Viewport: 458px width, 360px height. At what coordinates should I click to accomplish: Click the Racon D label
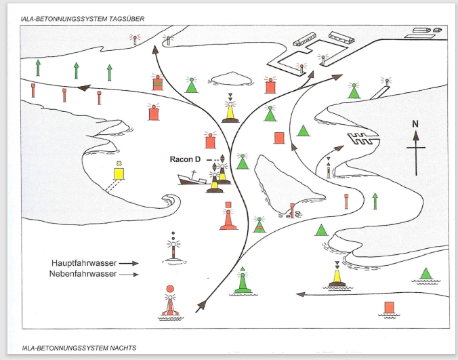tap(185, 159)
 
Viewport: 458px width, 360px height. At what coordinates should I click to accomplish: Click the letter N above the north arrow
tap(415, 124)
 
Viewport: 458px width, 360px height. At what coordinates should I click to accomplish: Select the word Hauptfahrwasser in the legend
tap(84, 263)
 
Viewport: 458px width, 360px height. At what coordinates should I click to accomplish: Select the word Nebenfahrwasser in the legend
tap(83, 274)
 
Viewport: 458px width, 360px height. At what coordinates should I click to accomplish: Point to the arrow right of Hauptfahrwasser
tap(129, 263)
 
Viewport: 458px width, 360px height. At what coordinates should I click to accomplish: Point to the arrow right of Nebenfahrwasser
tap(129, 275)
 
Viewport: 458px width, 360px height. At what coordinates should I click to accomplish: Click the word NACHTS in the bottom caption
tap(123, 348)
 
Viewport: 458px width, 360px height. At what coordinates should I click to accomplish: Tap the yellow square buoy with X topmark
tap(119, 171)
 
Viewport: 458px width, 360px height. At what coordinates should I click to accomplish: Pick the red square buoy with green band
tap(157, 83)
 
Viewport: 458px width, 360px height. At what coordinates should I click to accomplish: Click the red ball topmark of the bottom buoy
tap(170, 289)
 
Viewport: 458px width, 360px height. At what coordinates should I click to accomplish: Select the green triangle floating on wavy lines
tap(425, 275)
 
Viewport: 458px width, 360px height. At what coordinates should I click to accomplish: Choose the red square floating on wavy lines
tap(389, 309)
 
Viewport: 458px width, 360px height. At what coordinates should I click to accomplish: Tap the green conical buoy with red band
tap(259, 225)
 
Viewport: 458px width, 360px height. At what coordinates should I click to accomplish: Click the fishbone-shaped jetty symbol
tap(362, 138)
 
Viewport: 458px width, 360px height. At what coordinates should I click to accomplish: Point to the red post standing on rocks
tap(292, 210)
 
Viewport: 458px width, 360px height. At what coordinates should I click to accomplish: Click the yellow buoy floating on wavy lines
tap(337, 276)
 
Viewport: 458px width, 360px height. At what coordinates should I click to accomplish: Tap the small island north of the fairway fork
tap(231, 79)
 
